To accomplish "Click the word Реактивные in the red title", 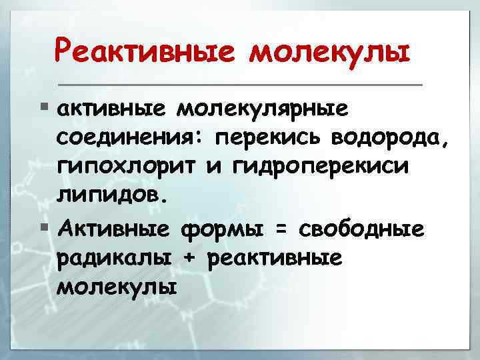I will [x=141, y=50].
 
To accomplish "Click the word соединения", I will [x=129, y=139].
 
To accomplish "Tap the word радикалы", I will [x=113, y=259].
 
